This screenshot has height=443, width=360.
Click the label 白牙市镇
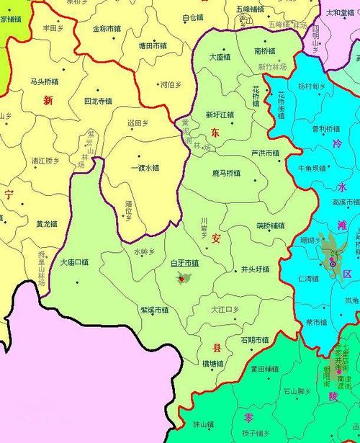click(x=184, y=264)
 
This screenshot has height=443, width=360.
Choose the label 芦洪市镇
click(x=264, y=152)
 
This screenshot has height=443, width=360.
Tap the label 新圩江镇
click(x=220, y=114)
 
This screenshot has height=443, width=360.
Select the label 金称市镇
click(x=108, y=29)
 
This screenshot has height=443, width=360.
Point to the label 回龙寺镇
click(x=98, y=101)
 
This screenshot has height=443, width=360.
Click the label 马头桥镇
click(x=45, y=81)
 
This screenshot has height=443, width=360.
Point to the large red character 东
click(x=215, y=133)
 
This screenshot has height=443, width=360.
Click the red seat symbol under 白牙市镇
click(x=180, y=277)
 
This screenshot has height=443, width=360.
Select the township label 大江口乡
click(x=225, y=309)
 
